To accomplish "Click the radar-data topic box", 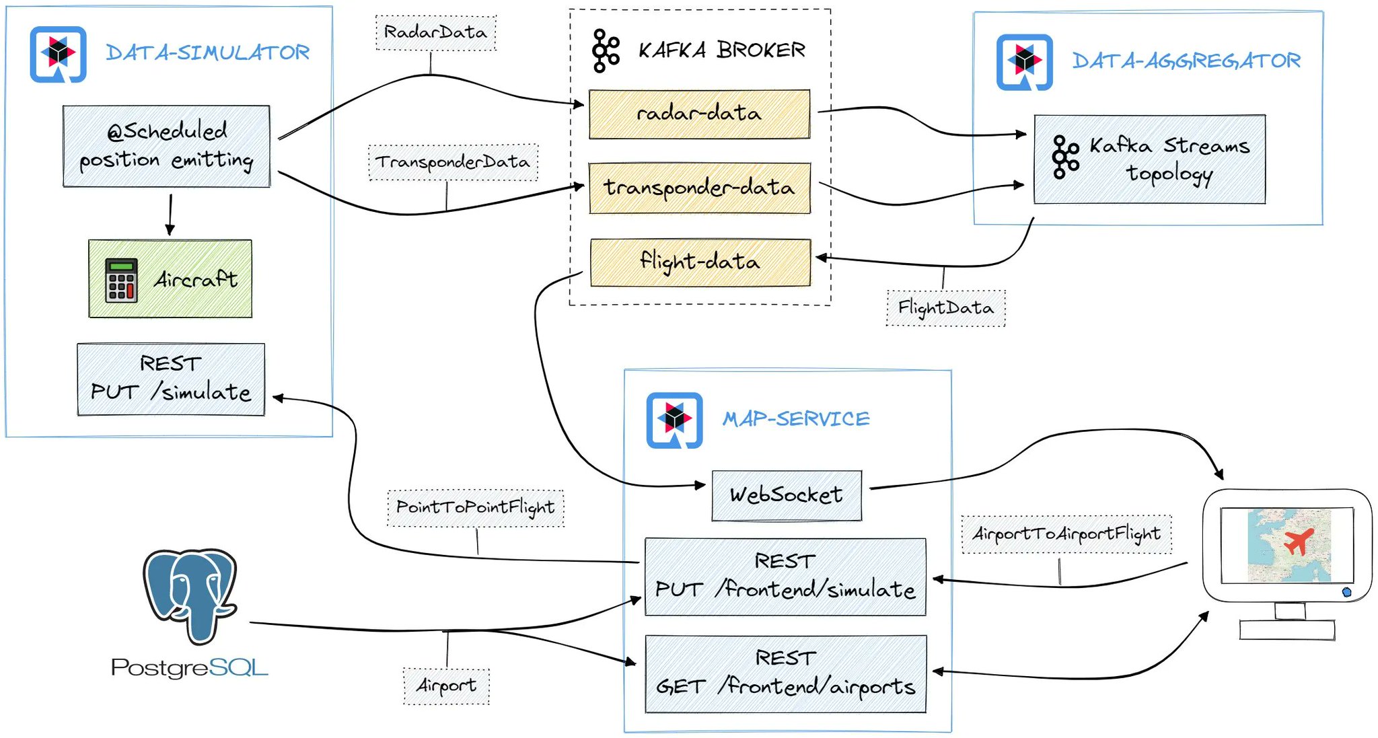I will coord(699,114).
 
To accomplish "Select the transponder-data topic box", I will coord(699,188).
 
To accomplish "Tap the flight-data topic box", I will coord(700,262).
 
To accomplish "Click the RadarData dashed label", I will coord(435,32).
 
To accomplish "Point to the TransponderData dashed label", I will coord(453,162).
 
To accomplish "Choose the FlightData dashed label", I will coord(945,308).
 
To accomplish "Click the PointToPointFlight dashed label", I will coord(475,507).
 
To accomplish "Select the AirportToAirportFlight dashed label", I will coord(1066,534).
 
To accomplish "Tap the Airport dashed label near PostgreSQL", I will coord(446,686).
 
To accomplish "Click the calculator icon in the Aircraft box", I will coord(121,280).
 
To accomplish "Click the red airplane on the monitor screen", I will coord(1298,542).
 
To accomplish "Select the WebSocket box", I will coord(786,495).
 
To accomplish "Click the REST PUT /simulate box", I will coord(171,379).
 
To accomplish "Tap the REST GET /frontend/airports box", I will coord(785,673).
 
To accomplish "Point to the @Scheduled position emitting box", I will coord(166,146).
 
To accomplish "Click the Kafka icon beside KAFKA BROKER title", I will coord(606,50).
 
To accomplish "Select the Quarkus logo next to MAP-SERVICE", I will coord(674,420).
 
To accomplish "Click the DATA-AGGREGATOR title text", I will coord(1186,61).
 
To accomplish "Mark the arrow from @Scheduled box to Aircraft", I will coord(170,214).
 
